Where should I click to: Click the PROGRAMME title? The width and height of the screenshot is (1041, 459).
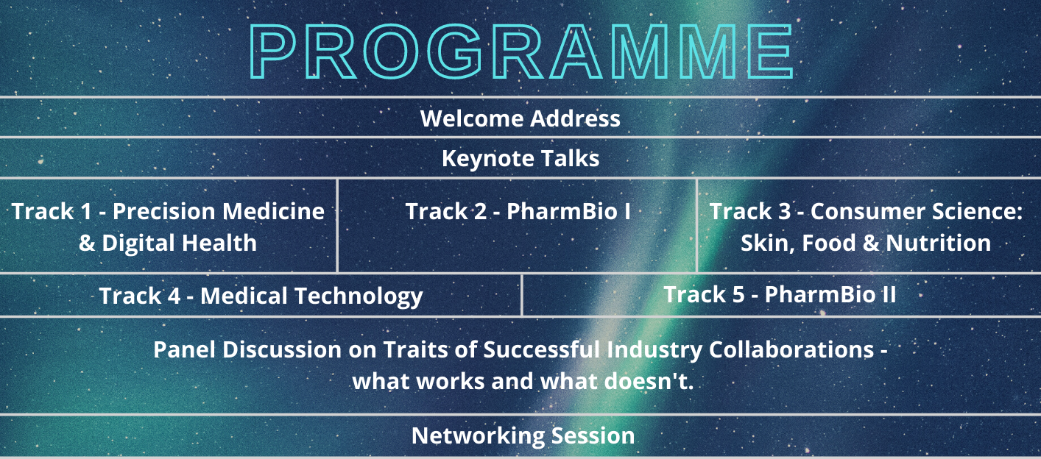pos(521,51)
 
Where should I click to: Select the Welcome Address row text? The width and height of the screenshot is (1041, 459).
pos(520,118)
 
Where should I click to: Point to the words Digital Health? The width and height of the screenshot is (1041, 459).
pos(179,243)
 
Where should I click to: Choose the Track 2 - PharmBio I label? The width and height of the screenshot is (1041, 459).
pos(518,211)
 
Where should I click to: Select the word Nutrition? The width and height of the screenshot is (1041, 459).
pos(938,243)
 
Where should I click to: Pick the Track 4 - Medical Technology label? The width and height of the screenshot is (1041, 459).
pos(261,296)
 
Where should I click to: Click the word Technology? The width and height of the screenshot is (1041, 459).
pos(359,296)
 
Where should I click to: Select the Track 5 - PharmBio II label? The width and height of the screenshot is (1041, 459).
pos(780,294)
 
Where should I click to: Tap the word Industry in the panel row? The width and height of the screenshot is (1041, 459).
pos(654,350)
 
